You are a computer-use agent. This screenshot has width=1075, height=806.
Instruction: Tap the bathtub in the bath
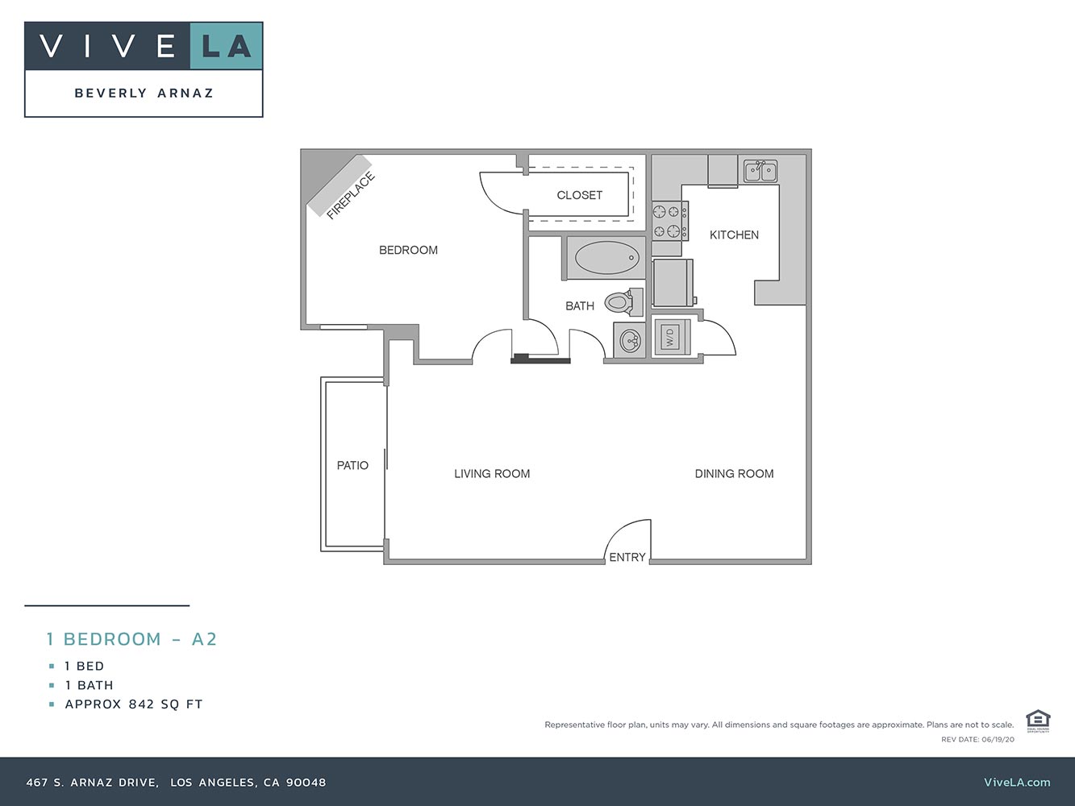(606, 258)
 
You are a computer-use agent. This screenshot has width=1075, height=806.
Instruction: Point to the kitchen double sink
(760, 171)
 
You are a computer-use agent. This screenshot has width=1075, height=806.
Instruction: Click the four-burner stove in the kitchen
(669, 222)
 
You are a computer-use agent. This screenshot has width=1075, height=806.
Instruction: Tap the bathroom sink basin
(629, 341)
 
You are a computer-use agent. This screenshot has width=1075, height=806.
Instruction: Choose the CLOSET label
(579, 195)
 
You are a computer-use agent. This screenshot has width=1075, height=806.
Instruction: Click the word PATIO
(352, 465)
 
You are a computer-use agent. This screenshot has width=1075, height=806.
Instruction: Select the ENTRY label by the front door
(627, 557)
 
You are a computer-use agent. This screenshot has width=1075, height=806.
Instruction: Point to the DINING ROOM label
(734, 474)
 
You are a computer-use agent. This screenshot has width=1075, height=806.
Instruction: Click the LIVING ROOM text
(492, 474)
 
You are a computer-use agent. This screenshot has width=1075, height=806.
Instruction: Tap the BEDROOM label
(408, 250)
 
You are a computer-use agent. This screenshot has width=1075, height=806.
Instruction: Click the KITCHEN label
(734, 235)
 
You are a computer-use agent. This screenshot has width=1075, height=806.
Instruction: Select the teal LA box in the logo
(227, 46)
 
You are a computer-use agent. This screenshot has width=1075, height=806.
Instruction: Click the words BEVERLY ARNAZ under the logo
(144, 93)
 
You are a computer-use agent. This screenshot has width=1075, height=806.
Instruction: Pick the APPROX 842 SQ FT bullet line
(134, 704)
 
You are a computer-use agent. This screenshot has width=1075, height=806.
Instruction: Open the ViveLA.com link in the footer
(1017, 782)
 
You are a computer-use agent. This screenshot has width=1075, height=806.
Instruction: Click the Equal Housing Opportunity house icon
(1037, 720)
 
